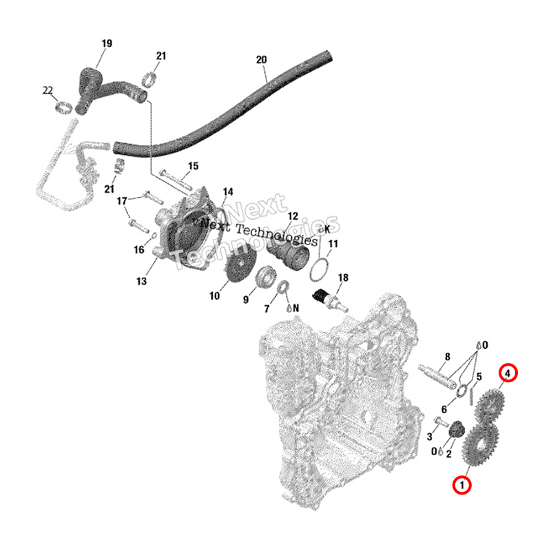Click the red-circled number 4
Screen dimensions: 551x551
coord(507,373)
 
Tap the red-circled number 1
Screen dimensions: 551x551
coord(461,485)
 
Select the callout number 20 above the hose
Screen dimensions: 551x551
coord(261,60)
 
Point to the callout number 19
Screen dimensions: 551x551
coord(107,43)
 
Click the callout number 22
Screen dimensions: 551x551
coord(48,90)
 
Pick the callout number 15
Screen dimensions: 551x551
coord(193,166)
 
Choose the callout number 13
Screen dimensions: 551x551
coord(141,281)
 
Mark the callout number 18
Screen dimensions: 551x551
coord(343,278)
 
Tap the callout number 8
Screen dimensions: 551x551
coord(447,356)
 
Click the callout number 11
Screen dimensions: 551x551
coord(333,244)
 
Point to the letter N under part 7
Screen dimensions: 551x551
coord(296,308)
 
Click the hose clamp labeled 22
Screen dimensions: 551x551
coord(63,107)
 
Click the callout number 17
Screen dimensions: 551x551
coord(122,201)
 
